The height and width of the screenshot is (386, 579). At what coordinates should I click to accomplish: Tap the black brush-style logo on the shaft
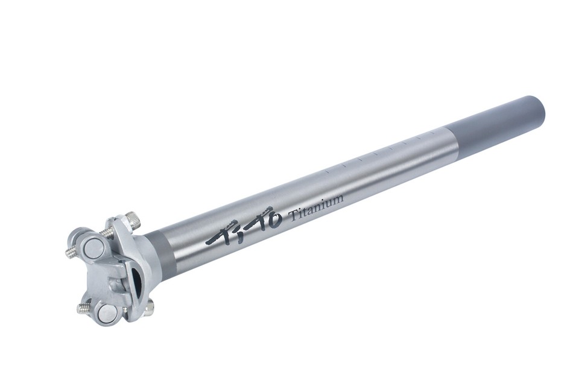click(244, 226)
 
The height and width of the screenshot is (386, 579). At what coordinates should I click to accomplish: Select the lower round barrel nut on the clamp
click(108, 312)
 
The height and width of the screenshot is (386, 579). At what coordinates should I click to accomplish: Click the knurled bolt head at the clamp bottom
click(151, 305)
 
